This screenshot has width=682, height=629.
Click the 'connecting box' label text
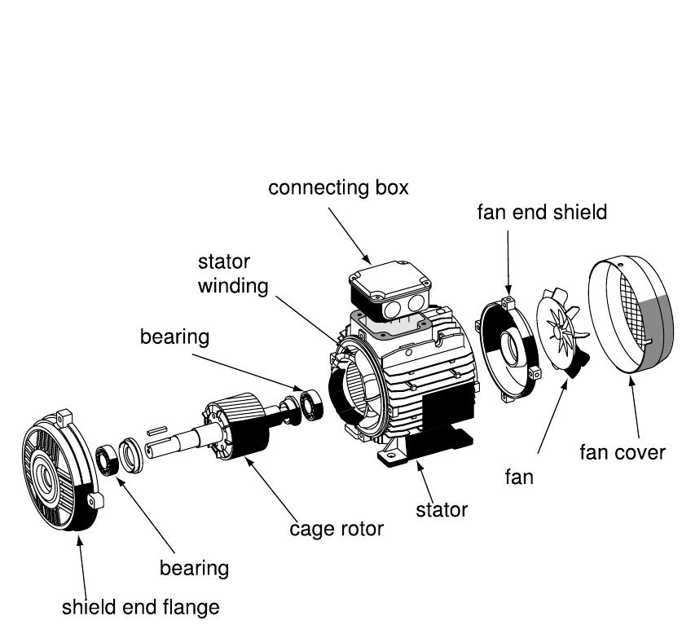point(338,188)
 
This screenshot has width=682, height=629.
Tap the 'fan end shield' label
point(542,213)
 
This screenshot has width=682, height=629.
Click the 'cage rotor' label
point(337,529)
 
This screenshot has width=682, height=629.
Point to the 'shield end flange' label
point(141,607)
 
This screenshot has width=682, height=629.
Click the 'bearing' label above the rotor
point(174,336)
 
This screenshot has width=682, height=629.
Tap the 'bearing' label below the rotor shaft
point(194,567)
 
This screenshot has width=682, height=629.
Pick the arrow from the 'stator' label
point(428,481)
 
